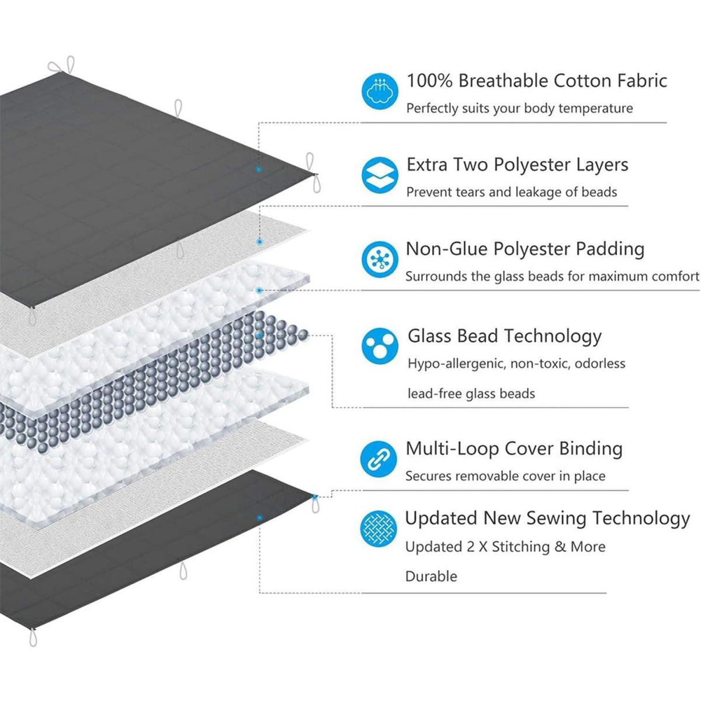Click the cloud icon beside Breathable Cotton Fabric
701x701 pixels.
380,91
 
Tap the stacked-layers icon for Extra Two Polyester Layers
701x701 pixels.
380,175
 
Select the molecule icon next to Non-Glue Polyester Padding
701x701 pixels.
380,259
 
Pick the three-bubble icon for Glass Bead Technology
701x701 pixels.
380,346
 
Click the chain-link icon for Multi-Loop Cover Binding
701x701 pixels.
379,459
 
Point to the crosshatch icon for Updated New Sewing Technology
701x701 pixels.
379,529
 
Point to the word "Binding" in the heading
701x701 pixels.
591,449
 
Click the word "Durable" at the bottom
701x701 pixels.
431,577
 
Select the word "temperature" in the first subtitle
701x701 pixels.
595,108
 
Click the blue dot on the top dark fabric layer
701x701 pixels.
259,169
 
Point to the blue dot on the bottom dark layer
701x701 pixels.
259,518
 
